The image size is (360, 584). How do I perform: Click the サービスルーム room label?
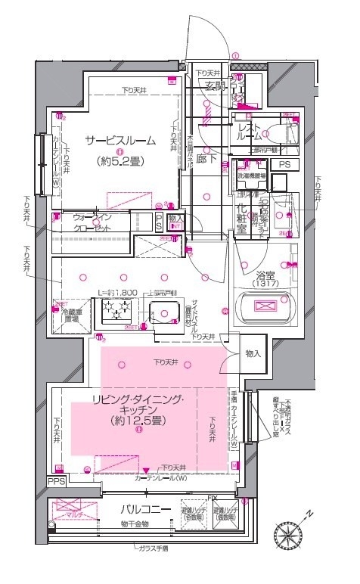click(120, 140)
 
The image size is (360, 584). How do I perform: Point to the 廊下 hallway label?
click(202, 160)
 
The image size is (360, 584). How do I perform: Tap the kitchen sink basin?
click(161, 312)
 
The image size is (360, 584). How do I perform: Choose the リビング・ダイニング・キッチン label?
click(136, 403)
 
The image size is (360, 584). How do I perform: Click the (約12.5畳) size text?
click(136, 420)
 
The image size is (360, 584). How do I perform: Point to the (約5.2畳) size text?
click(120, 160)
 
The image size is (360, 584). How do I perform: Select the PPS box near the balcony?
click(56, 480)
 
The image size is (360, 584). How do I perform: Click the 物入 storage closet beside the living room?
click(253, 353)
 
